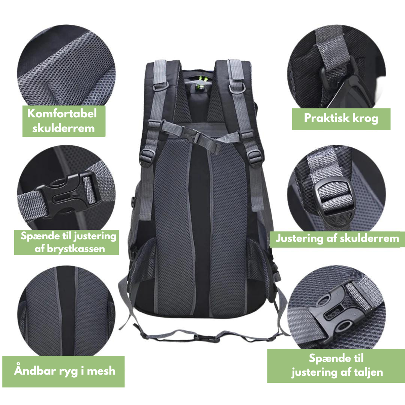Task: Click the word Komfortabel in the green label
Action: [x=62, y=113]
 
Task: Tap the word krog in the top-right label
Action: [x=365, y=118]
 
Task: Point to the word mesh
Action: [x=101, y=371]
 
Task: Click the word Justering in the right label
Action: [x=299, y=238]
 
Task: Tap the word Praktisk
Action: [x=327, y=118]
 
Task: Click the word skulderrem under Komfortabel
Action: [x=63, y=128]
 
